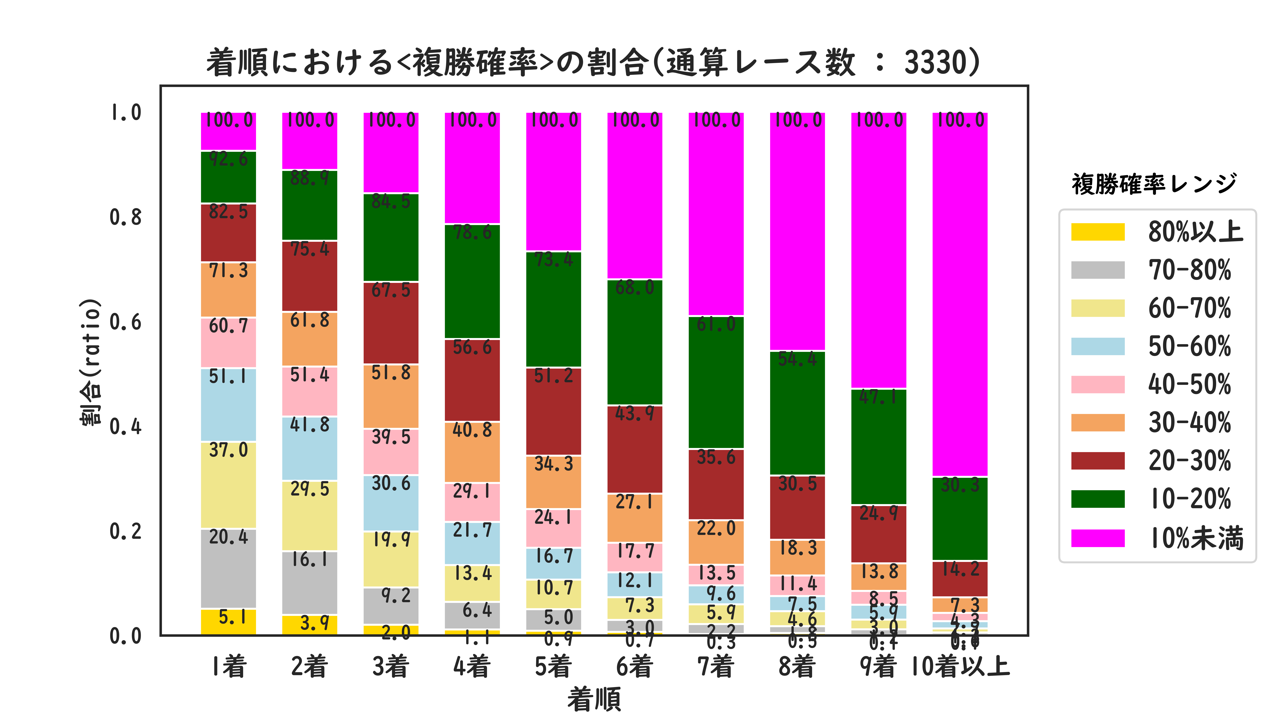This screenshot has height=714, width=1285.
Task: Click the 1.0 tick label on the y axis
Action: click(125, 113)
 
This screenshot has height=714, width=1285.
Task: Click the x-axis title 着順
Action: click(594, 699)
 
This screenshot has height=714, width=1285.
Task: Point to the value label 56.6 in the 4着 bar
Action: click(472, 347)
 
